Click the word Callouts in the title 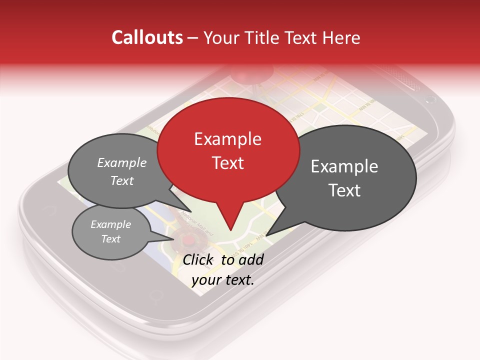[147, 37]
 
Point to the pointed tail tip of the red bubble [230, 230]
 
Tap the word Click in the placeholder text [198, 259]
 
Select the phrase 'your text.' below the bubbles [223, 280]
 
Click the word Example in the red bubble [227, 139]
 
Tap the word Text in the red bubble [227, 163]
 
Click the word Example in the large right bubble [344, 166]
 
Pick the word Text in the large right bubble [344, 190]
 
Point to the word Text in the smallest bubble [111, 239]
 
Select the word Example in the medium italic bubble [122, 163]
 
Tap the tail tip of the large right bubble [266, 235]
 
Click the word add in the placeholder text [251, 259]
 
